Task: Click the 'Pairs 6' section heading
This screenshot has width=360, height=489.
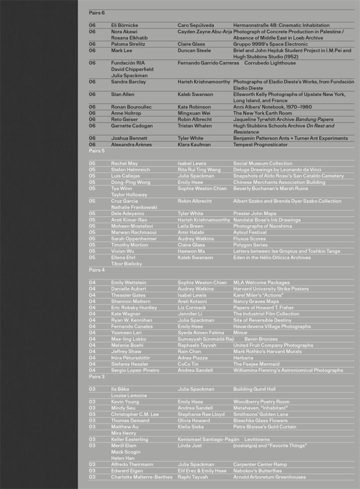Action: tap(97, 13)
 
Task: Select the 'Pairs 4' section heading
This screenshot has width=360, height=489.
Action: tap(97, 270)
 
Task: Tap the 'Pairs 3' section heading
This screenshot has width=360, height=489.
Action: tap(97, 377)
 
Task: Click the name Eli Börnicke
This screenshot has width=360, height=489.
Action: tap(125, 25)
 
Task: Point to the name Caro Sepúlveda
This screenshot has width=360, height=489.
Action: tap(196, 25)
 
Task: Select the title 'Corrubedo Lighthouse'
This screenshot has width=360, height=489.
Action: tap(270, 63)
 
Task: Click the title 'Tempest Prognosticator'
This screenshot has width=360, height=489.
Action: tap(260, 145)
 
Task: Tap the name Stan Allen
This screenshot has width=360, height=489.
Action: tap(123, 95)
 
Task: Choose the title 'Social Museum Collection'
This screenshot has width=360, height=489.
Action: tap(263, 164)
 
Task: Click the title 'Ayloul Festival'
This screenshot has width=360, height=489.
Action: tap(250, 233)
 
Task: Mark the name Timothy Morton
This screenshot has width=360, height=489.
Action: tap(130, 245)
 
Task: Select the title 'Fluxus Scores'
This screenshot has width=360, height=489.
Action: tap(250, 239)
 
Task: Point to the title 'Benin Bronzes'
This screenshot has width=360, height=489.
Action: tap(261, 339)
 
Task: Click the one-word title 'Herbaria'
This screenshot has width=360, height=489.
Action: tap(243, 358)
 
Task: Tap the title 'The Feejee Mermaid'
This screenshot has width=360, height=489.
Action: tap(257, 364)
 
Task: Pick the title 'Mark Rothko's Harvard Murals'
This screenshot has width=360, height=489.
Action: tap(268, 352)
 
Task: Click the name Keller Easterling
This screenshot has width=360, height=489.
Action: tap(130, 440)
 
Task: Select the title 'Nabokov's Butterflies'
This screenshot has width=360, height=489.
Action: tap(257, 471)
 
